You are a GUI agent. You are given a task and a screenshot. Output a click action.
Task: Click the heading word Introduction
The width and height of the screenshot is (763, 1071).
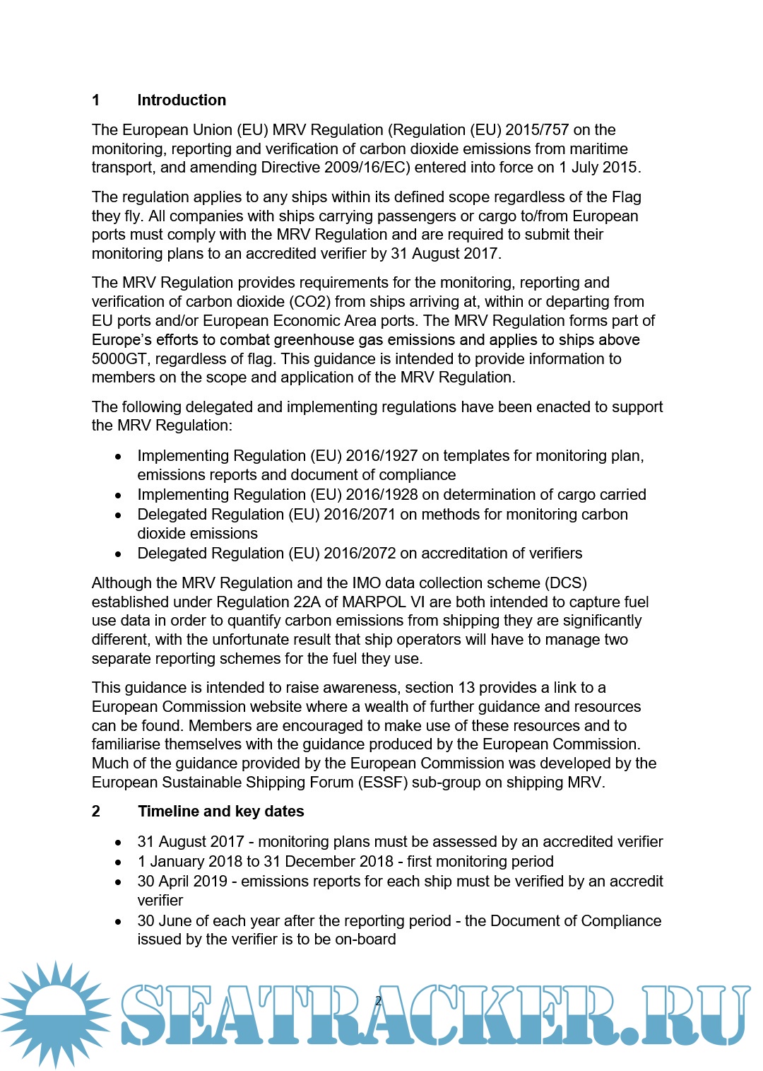[182, 100]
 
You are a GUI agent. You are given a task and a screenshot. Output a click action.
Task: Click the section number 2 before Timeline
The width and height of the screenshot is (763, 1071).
[96, 812]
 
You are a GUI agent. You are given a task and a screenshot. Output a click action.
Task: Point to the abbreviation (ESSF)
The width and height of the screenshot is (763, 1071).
[383, 783]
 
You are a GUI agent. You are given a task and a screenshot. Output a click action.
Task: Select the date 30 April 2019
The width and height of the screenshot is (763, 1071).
[182, 882]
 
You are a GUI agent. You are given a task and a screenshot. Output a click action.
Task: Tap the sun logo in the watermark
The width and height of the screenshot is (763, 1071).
[55, 1013]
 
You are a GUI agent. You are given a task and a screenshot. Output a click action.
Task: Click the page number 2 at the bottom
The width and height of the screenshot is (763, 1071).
[378, 1000]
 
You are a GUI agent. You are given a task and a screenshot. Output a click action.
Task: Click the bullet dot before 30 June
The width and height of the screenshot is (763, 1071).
[119, 922]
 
